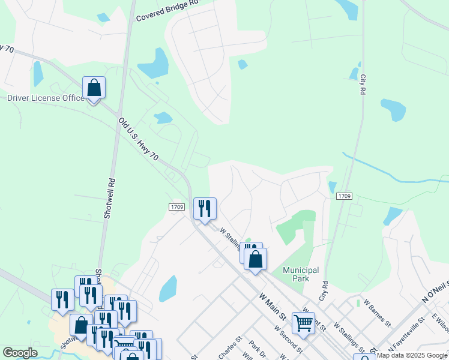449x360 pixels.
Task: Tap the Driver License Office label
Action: [46, 98]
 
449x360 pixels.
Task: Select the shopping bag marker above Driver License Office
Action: [94, 88]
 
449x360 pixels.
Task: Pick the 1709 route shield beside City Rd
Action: [344, 196]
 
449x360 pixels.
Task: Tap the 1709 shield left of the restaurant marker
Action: [176, 206]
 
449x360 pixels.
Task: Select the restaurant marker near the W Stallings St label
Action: [205, 209]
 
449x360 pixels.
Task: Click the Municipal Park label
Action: [300, 274]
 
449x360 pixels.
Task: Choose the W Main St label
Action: [272, 304]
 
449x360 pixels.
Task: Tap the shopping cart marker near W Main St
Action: [304, 323]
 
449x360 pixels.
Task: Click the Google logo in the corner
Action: [20, 353]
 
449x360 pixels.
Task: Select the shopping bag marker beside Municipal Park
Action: [256, 260]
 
